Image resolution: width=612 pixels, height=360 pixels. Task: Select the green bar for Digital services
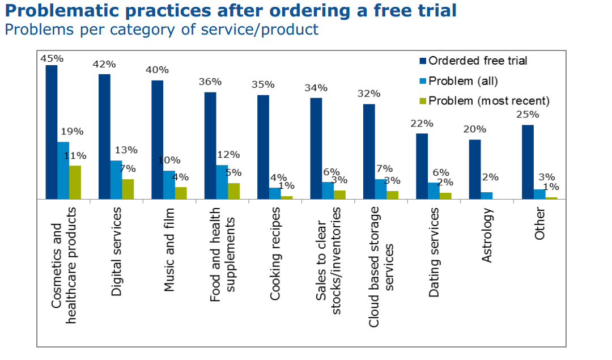128,189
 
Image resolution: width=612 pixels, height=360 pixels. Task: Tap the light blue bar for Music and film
169,185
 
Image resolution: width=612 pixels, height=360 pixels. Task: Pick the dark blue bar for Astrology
475,170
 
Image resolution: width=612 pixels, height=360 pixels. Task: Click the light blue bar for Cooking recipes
275,193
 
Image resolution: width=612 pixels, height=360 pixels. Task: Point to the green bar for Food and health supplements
233,191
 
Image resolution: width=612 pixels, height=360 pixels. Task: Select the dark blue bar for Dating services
422,166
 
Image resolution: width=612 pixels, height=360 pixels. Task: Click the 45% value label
52,58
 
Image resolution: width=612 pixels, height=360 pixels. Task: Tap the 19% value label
72,132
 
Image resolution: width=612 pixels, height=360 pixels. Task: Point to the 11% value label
75,155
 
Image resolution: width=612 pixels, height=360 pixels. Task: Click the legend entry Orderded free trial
478,61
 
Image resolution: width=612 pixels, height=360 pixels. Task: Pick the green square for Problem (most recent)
422,101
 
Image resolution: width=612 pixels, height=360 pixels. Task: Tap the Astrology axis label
487,235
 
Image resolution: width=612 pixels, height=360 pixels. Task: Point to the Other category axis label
539,224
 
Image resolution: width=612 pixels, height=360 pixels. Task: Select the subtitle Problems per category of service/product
161,29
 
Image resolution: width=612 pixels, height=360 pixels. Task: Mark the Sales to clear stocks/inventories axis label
328,252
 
